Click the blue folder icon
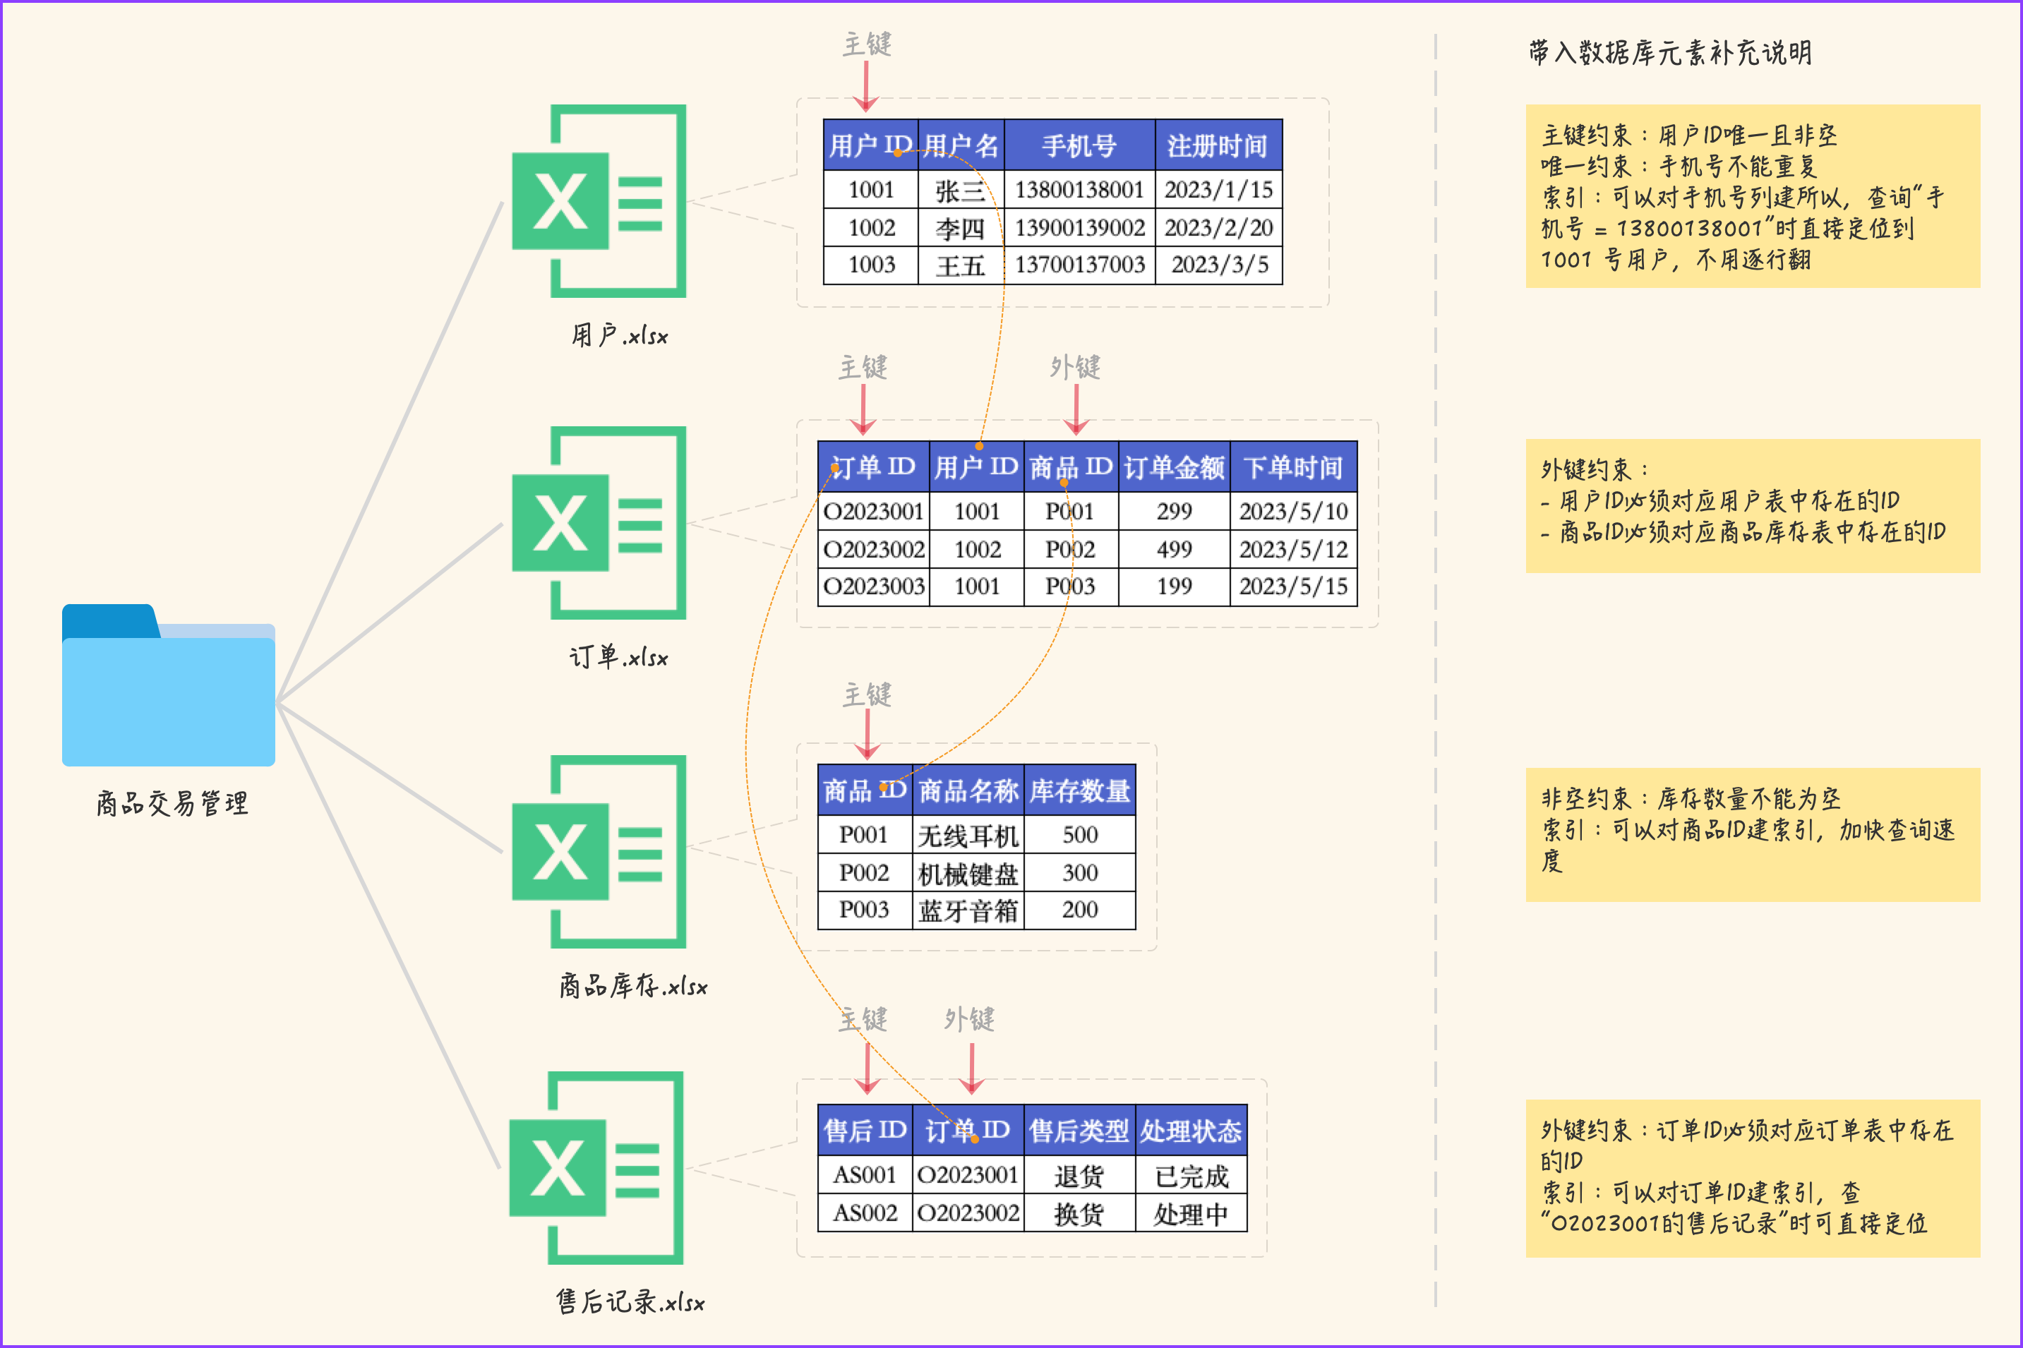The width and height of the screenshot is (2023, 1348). [x=169, y=685]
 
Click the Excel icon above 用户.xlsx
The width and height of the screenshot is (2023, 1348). [x=599, y=201]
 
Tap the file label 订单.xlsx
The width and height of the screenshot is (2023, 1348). [x=619, y=658]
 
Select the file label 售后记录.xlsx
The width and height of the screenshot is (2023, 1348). [x=630, y=1301]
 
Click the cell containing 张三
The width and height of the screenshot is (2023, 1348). [x=961, y=190]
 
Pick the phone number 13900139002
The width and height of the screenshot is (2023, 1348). [x=1080, y=228]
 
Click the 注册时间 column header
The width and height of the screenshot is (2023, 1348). [x=1218, y=145]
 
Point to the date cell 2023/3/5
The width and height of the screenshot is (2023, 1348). [x=1219, y=265]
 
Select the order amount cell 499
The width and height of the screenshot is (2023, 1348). [x=1174, y=549]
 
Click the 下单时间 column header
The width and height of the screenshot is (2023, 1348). [x=1293, y=467]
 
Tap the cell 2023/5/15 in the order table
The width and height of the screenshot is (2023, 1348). [x=1293, y=586]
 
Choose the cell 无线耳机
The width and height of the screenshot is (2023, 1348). [x=968, y=835]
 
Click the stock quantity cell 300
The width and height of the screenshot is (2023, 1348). [x=1080, y=872]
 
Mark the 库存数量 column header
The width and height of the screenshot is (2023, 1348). [x=1080, y=790]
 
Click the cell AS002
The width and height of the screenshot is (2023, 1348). [x=865, y=1213]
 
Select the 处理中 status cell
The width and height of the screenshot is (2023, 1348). [x=1191, y=1213]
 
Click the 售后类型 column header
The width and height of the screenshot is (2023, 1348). [x=1079, y=1130]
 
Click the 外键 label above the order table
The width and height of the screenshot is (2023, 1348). [x=1075, y=367]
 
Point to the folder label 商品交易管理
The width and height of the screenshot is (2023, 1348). [x=172, y=803]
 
